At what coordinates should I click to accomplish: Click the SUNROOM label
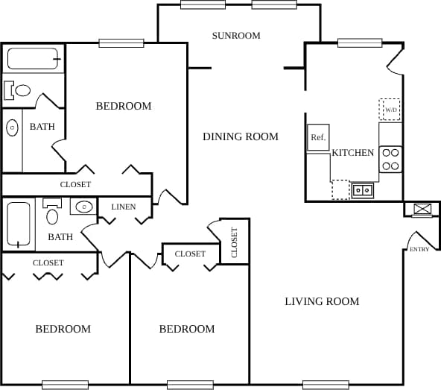[x=235, y=36]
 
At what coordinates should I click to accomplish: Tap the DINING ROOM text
[x=241, y=136]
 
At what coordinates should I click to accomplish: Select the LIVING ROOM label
[x=322, y=301]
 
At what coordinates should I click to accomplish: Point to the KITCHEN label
[x=352, y=153]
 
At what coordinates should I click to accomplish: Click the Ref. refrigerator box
[x=318, y=137]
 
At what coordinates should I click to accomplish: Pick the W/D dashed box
[x=390, y=110]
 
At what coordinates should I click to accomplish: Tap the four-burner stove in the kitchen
[x=390, y=159]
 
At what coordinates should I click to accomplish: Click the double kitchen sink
[x=363, y=190]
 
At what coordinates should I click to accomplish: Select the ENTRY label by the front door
[x=419, y=249]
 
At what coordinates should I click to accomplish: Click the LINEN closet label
[x=124, y=207]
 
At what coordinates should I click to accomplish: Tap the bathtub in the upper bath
[x=33, y=58]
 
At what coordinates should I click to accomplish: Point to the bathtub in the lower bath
[x=19, y=224]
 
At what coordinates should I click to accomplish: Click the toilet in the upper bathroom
[x=19, y=91]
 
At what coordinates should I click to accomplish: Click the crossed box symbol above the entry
[x=422, y=210]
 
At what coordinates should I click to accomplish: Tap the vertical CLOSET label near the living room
[x=234, y=242]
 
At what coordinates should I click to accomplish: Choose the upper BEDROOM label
[x=124, y=106]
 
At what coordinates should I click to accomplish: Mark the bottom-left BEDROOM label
[x=63, y=329]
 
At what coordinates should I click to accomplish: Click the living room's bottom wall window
[x=326, y=385]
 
